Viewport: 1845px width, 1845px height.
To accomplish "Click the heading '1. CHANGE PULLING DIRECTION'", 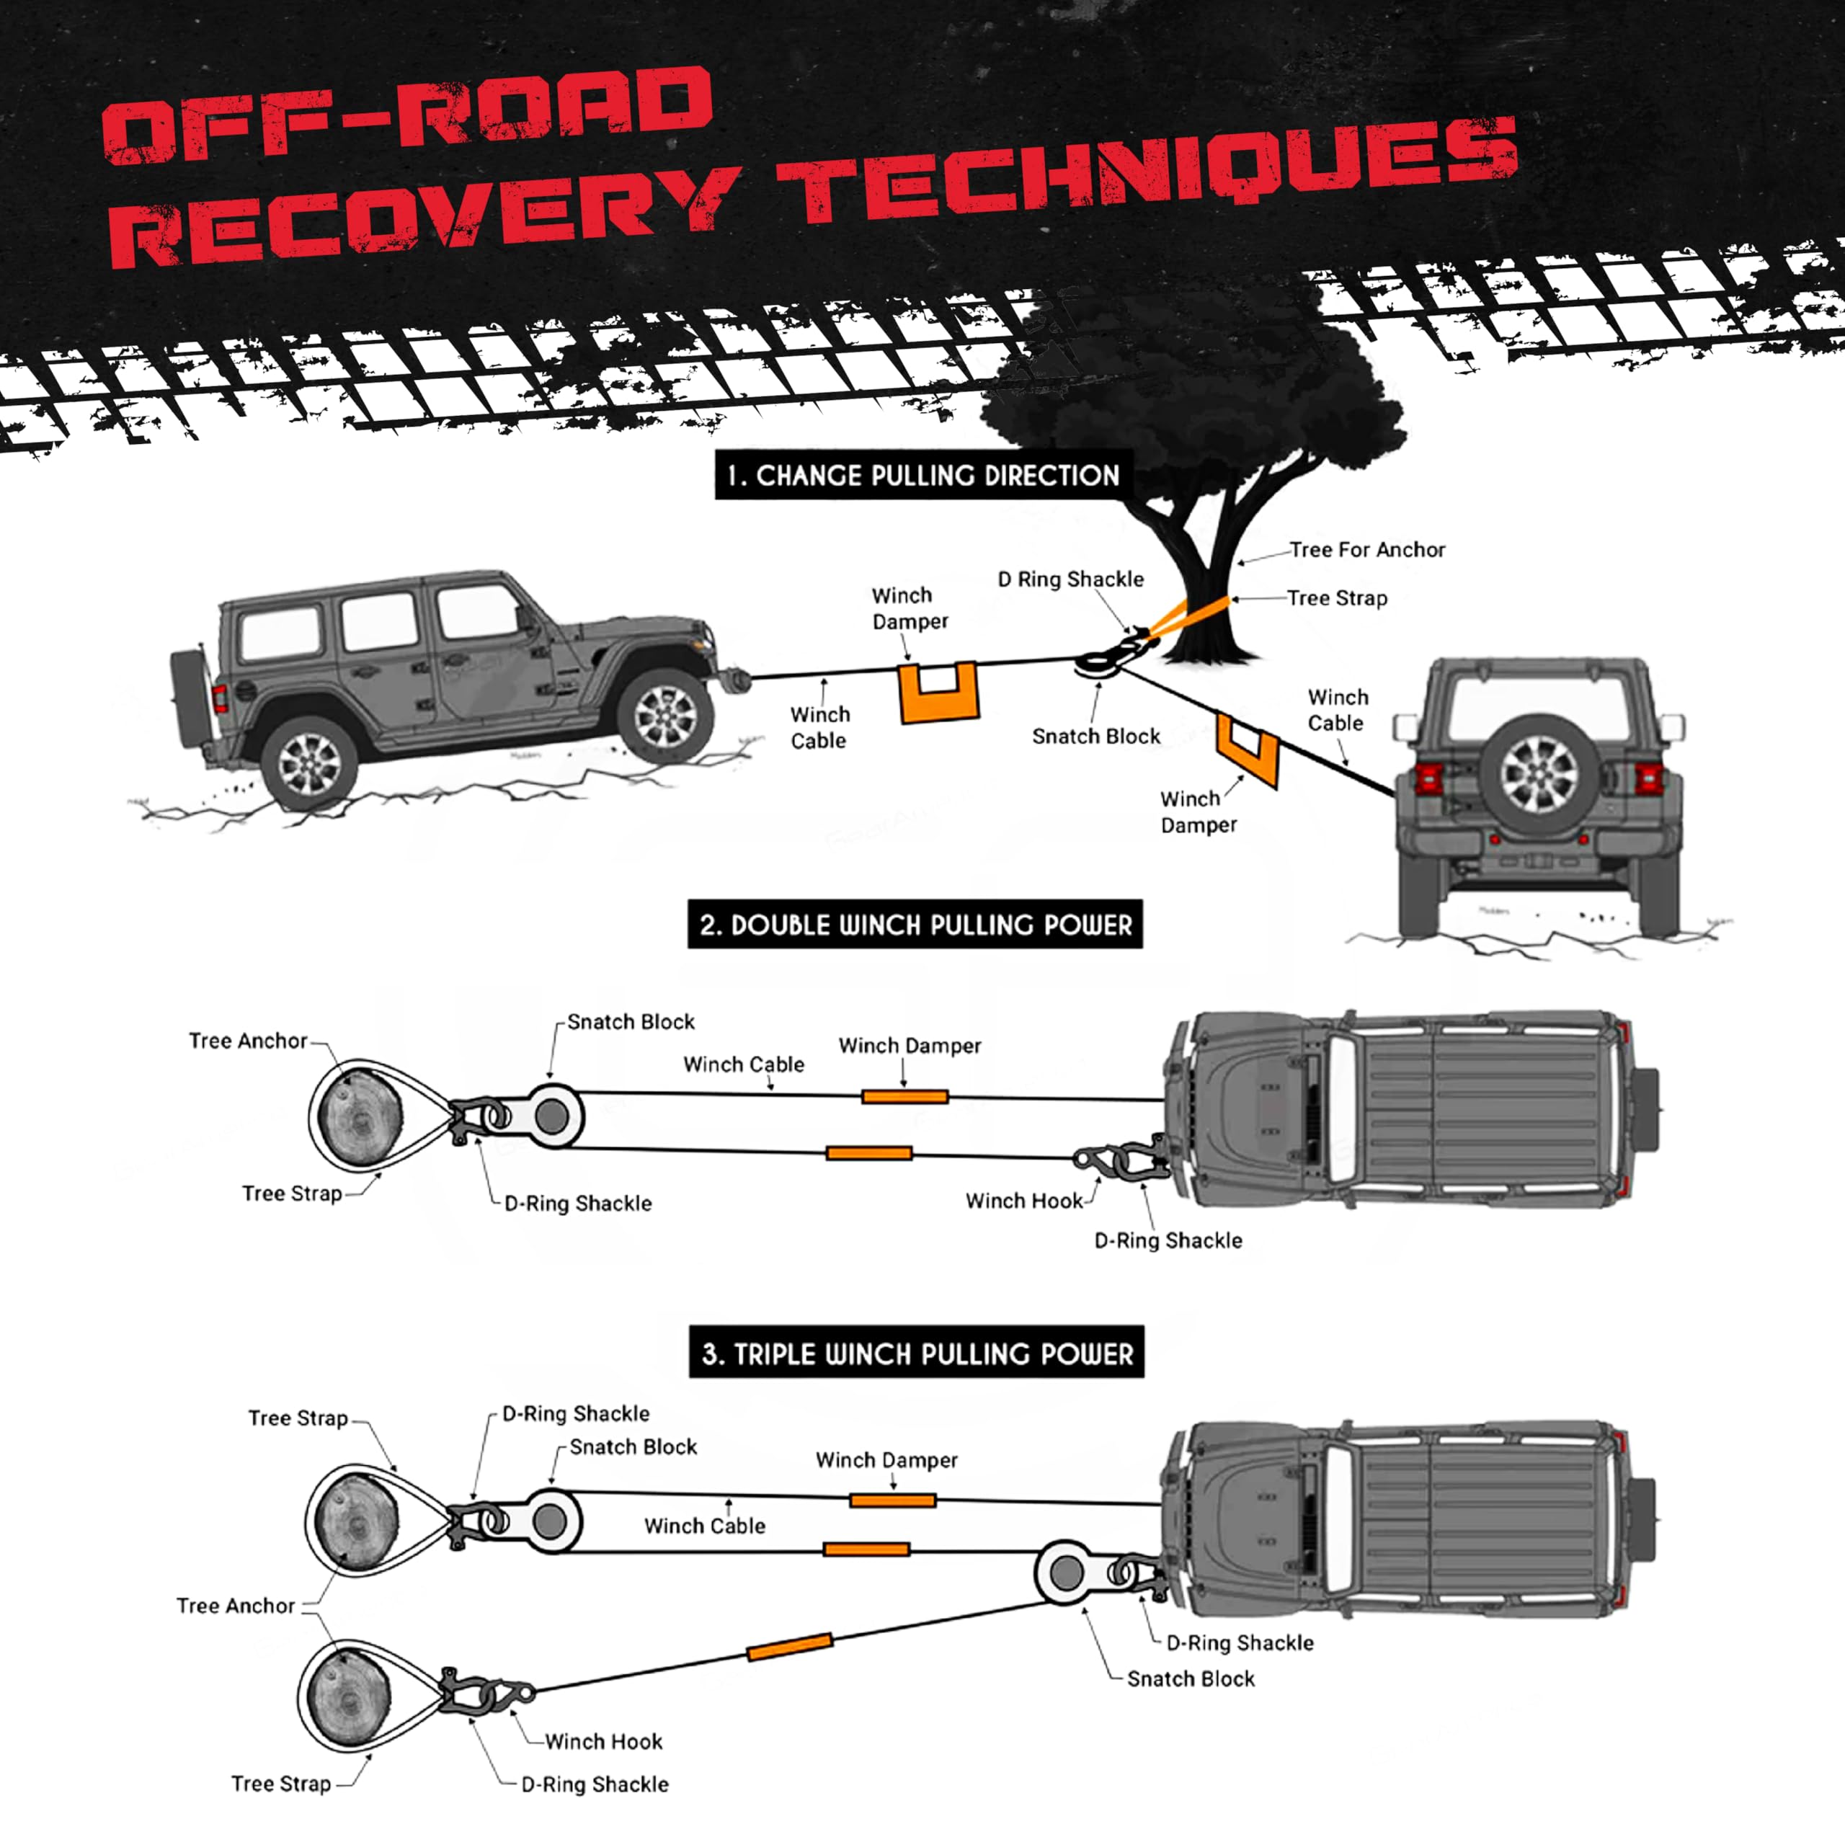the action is coord(923,475).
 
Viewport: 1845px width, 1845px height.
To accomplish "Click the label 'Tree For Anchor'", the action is coord(1367,549).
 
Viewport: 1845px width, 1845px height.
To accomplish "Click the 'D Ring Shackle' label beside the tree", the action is coord(1070,579).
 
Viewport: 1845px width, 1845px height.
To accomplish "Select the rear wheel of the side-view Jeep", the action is coord(308,763).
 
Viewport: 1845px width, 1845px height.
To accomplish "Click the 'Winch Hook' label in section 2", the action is coord(1023,1201).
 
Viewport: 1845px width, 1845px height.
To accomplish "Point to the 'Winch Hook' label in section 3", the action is coord(603,1741).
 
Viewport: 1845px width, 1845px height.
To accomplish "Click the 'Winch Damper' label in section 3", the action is coord(886,1459).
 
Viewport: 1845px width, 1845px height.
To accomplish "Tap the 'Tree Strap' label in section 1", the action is coord(1337,599).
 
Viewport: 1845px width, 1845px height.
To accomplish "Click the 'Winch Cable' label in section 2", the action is coord(744,1064).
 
